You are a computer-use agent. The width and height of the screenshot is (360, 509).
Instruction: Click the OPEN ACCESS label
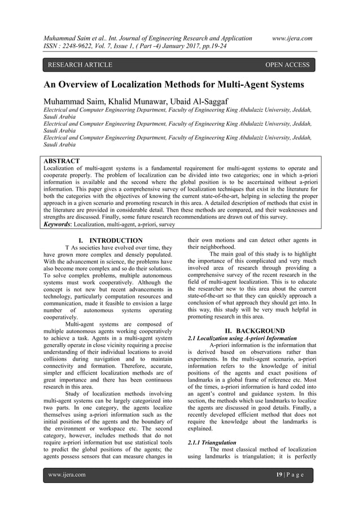287,65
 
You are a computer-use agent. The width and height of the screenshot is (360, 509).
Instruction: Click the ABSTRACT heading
62,161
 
